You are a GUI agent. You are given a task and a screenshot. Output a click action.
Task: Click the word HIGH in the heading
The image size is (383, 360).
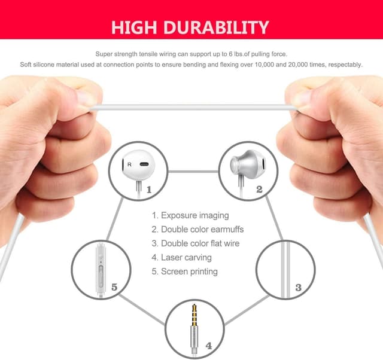click(134, 28)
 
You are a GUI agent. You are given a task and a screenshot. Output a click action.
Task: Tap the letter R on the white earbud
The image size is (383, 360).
click(129, 164)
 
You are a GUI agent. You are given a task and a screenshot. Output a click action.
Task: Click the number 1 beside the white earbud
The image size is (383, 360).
click(149, 190)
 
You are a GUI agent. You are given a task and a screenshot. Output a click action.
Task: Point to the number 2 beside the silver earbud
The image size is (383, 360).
click(259, 190)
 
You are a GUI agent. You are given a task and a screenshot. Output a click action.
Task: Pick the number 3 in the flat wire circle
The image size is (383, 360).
click(298, 288)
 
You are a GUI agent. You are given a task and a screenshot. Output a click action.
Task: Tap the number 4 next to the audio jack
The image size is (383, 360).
click(209, 346)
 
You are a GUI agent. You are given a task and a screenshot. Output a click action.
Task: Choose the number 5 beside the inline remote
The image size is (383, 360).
click(114, 287)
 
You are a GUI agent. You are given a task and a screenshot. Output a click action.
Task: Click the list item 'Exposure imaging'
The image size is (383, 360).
click(190, 215)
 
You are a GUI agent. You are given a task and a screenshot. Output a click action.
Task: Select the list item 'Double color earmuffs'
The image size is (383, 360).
click(197, 230)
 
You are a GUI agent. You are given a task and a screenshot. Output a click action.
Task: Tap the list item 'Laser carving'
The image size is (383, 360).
click(181, 258)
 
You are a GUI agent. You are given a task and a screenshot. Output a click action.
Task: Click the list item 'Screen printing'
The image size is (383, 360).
click(185, 271)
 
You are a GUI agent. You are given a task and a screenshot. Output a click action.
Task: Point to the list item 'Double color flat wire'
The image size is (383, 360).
click(196, 243)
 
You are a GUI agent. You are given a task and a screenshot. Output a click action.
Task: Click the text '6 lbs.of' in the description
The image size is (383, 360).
click(239, 54)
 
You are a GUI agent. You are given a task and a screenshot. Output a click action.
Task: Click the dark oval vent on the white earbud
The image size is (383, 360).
click(144, 164)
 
